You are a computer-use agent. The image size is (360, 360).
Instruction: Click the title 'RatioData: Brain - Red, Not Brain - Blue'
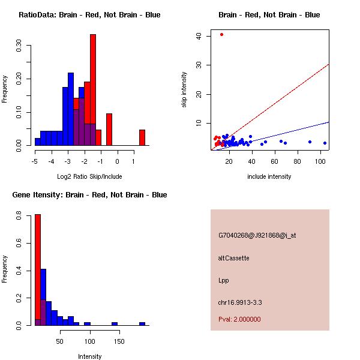pyautogui.click(x=89, y=15)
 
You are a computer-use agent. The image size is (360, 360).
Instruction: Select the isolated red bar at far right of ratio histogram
pyautogui.click(x=142, y=137)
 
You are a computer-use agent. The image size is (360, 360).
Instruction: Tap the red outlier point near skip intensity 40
pyautogui.click(x=221, y=34)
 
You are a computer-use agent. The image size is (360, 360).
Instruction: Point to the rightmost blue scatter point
pyautogui.click(x=325, y=143)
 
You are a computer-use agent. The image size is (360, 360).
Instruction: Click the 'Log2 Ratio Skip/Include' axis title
pyautogui.click(x=89, y=176)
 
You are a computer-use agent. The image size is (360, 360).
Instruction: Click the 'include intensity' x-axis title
pyautogui.click(x=269, y=176)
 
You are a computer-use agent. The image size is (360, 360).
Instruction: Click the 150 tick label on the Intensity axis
pyautogui.click(x=119, y=341)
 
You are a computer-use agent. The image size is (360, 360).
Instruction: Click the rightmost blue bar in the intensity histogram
pyautogui.click(x=142, y=323)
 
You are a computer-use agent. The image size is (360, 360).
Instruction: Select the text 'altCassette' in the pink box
pyautogui.click(x=233, y=258)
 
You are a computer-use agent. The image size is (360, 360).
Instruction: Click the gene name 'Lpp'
pyautogui.click(x=223, y=280)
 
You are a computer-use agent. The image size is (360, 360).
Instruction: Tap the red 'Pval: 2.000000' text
pyautogui.click(x=239, y=319)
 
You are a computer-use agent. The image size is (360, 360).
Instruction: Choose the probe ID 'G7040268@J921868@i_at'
pyautogui.click(x=257, y=235)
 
